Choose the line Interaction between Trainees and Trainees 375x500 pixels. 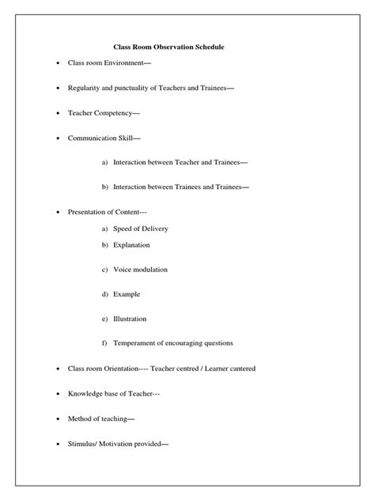(x=181, y=187)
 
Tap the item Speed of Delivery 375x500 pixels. (x=141, y=229)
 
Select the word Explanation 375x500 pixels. (x=131, y=245)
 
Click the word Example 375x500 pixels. (x=127, y=294)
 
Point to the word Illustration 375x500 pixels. (x=130, y=319)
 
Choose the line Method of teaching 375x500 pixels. (x=100, y=418)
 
